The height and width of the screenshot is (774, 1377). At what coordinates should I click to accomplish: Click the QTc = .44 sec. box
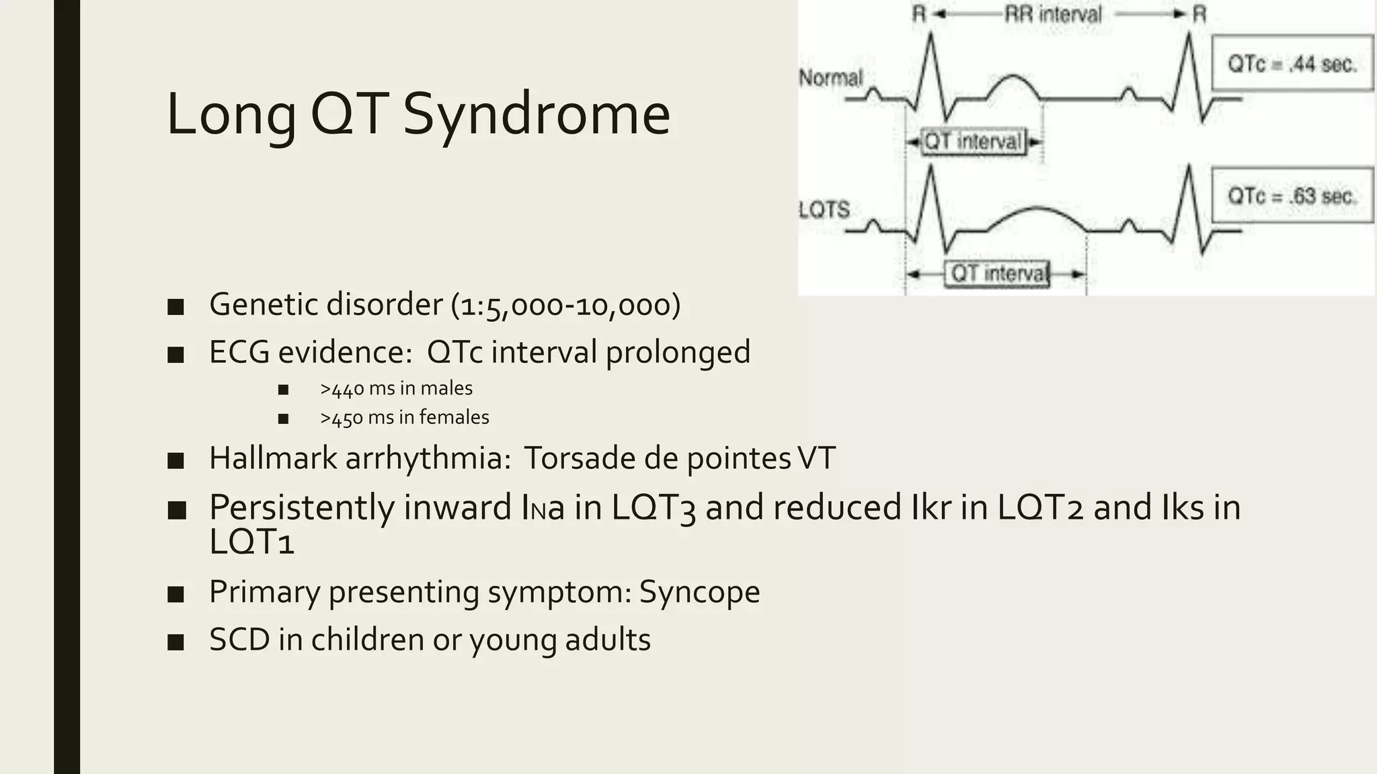pos(1292,64)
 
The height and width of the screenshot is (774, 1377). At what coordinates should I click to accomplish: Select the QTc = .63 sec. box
pos(1292,196)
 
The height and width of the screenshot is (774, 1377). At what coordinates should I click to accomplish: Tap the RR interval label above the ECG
pos(1053,14)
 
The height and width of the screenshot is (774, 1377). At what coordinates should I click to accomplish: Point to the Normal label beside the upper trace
pos(830,78)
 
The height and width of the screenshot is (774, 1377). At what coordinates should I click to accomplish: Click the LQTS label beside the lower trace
pos(824,210)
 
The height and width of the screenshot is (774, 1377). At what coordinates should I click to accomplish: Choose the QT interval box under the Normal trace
pos(973,142)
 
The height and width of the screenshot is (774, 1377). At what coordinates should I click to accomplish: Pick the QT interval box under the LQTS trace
pos(998,274)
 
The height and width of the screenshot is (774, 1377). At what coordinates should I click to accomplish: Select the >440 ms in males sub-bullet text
pos(396,388)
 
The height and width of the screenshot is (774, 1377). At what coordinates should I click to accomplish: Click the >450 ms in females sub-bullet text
pos(404,417)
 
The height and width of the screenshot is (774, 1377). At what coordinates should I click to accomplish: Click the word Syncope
pos(699,592)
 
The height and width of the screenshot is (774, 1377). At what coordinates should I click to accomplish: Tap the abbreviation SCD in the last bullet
pos(239,640)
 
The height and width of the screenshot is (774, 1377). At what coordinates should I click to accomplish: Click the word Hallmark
pos(272,458)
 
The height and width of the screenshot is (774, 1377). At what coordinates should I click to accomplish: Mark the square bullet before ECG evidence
pos(176,354)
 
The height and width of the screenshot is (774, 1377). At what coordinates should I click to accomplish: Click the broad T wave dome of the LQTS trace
pos(1039,210)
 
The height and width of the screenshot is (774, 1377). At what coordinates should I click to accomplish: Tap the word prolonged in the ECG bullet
pos(678,353)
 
